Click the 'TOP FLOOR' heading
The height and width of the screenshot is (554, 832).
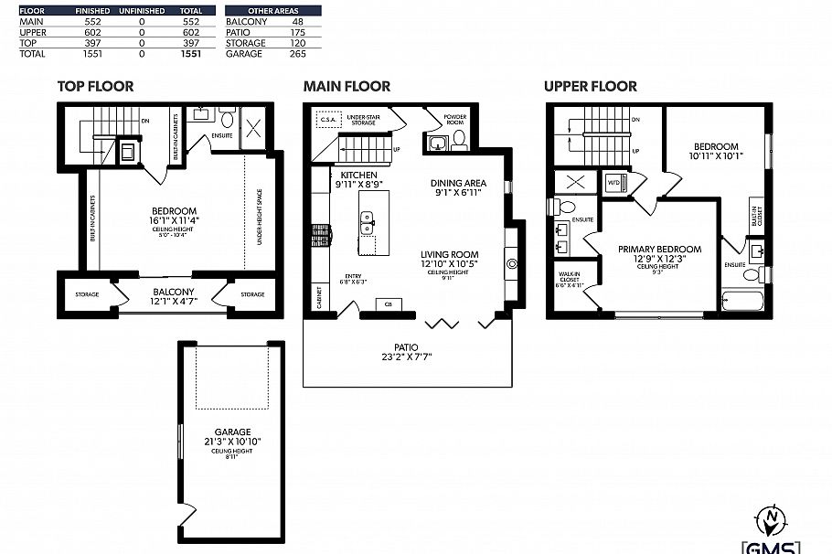95,87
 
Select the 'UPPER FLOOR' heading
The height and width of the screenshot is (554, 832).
590,87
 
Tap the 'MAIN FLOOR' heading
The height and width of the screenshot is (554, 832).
347,87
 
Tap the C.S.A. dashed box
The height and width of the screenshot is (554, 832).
326,119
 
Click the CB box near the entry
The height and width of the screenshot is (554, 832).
388,304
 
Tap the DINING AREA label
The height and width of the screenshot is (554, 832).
457,187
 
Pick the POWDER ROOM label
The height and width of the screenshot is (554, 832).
455,119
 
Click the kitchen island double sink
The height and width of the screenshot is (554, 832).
367,220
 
